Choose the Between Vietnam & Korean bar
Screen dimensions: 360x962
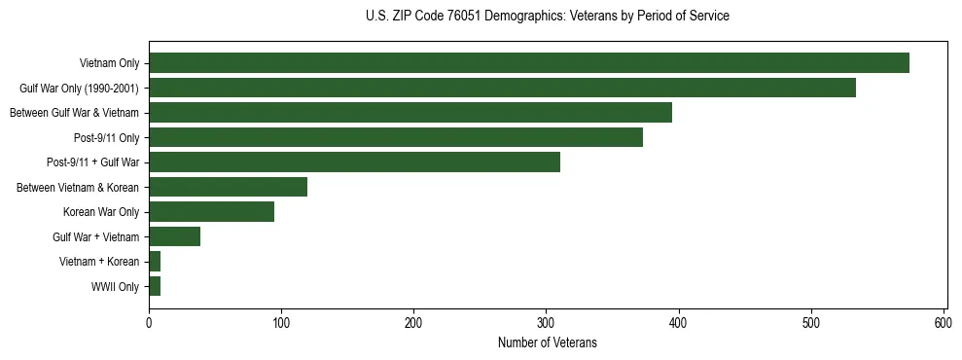[228, 187]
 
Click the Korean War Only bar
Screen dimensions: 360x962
[211, 212]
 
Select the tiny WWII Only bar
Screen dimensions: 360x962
[155, 286]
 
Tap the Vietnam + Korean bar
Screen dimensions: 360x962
[155, 262]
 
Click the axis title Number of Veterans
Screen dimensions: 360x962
[547, 343]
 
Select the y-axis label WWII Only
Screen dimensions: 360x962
[115, 287]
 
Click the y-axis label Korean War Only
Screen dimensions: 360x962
[101, 212]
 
